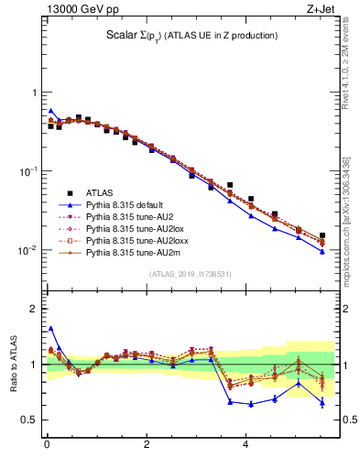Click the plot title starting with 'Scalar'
[x=191, y=36]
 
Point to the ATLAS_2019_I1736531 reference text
[x=191, y=274]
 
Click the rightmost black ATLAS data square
[x=322, y=235]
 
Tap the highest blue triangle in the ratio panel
[x=51, y=328]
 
